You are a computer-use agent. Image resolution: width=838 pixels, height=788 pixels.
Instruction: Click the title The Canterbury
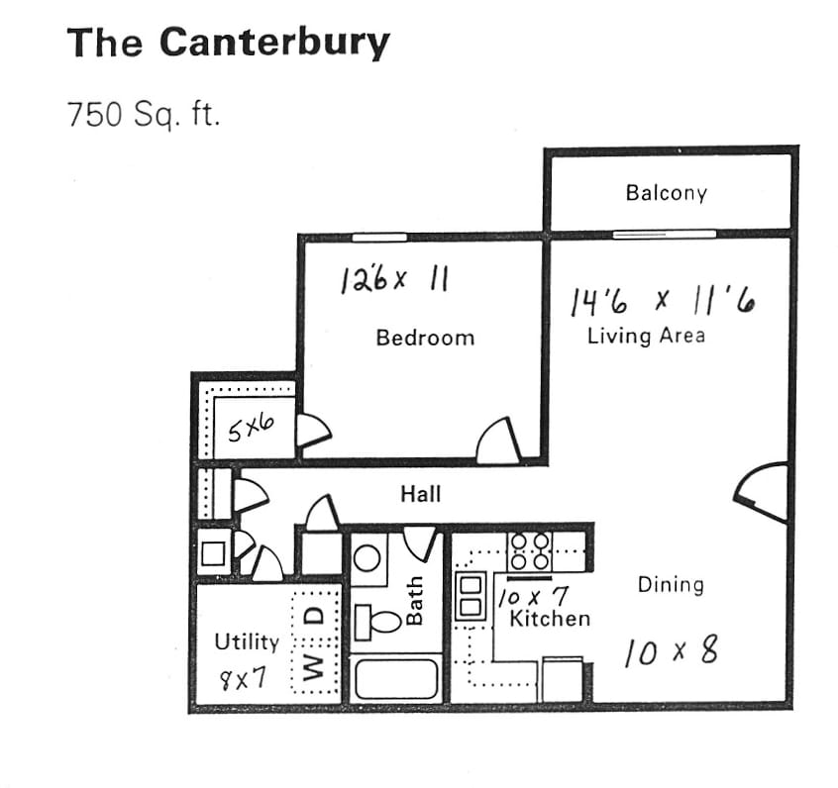(228, 43)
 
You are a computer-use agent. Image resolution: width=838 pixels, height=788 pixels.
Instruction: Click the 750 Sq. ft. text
(142, 115)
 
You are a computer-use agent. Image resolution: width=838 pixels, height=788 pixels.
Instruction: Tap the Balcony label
(666, 192)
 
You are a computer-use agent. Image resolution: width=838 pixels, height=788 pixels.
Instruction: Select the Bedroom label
(425, 338)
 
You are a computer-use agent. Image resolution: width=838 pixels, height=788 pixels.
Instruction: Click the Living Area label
(646, 335)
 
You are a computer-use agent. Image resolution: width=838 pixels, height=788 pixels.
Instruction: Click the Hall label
(421, 493)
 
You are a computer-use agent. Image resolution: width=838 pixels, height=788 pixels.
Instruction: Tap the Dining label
(671, 584)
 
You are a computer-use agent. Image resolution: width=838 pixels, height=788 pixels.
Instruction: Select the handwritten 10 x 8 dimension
(671, 651)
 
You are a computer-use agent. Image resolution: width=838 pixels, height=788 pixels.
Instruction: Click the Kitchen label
(550, 619)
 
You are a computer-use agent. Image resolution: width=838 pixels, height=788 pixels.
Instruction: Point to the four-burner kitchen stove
(529, 548)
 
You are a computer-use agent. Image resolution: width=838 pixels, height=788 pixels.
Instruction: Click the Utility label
(247, 641)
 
